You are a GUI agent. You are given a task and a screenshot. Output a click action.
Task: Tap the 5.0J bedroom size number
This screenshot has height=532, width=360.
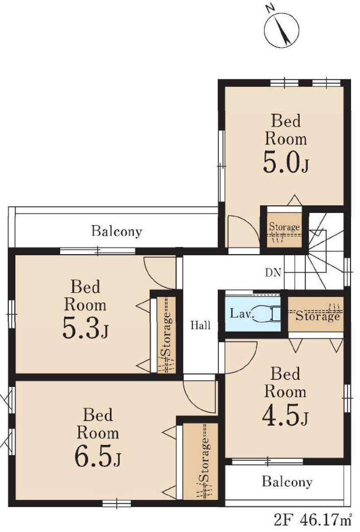click(286, 163)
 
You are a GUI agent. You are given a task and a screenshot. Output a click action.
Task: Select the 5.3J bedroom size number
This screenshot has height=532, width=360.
click(85, 328)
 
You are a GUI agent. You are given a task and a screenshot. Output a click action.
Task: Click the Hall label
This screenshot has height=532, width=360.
click(200, 326)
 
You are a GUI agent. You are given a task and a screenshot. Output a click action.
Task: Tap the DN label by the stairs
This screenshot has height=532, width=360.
click(273, 272)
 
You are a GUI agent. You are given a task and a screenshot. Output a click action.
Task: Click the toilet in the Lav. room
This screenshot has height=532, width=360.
click(268, 313)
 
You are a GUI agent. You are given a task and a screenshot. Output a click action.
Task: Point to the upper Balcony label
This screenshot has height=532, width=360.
click(117, 232)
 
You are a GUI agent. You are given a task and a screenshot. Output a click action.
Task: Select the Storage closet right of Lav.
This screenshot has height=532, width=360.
click(316, 314)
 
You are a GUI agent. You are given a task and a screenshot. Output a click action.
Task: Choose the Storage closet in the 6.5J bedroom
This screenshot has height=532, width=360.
click(200, 461)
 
